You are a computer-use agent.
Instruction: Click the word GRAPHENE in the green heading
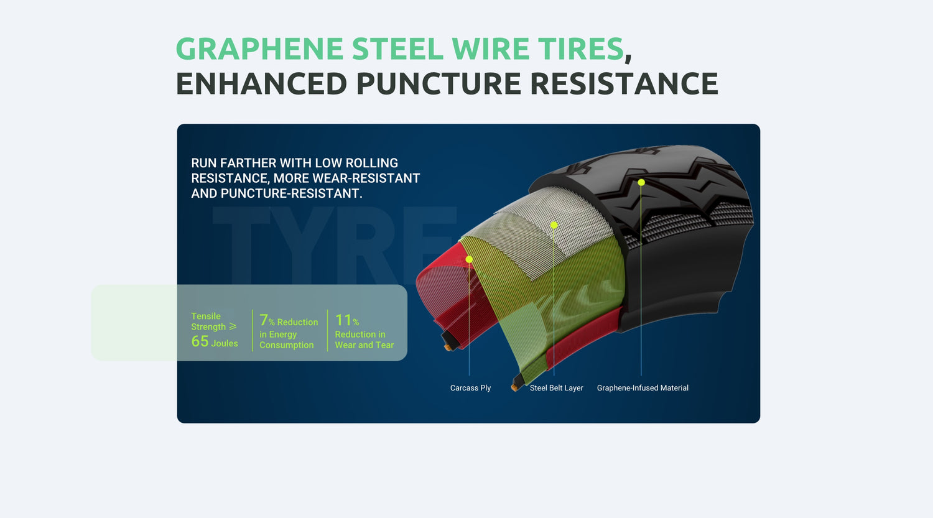[259, 49]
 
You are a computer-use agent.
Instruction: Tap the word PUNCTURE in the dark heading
[439, 83]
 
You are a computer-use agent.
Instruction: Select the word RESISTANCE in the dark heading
[624, 83]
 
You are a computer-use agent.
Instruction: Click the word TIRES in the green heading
[580, 49]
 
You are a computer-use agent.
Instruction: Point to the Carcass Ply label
[470, 387]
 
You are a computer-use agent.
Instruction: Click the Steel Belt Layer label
[556, 387]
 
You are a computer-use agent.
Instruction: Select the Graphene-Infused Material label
[643, 387]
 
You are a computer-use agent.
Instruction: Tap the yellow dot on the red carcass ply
[469, 259]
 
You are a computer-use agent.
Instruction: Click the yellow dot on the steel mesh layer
[554, 225]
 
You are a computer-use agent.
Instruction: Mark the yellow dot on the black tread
[641, 182]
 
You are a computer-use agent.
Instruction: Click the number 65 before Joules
[200, 341]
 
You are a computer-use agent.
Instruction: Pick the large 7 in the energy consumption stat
[264, 320]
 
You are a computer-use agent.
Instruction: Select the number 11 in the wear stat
[343, 320]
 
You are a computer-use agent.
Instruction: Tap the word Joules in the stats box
[225, 343]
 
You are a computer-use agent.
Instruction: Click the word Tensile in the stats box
[206, 316]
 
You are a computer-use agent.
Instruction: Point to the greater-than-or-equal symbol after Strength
[233, 326]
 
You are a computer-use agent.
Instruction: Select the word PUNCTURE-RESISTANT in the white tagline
[291, 193]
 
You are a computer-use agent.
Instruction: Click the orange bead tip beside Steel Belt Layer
[514, 388]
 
